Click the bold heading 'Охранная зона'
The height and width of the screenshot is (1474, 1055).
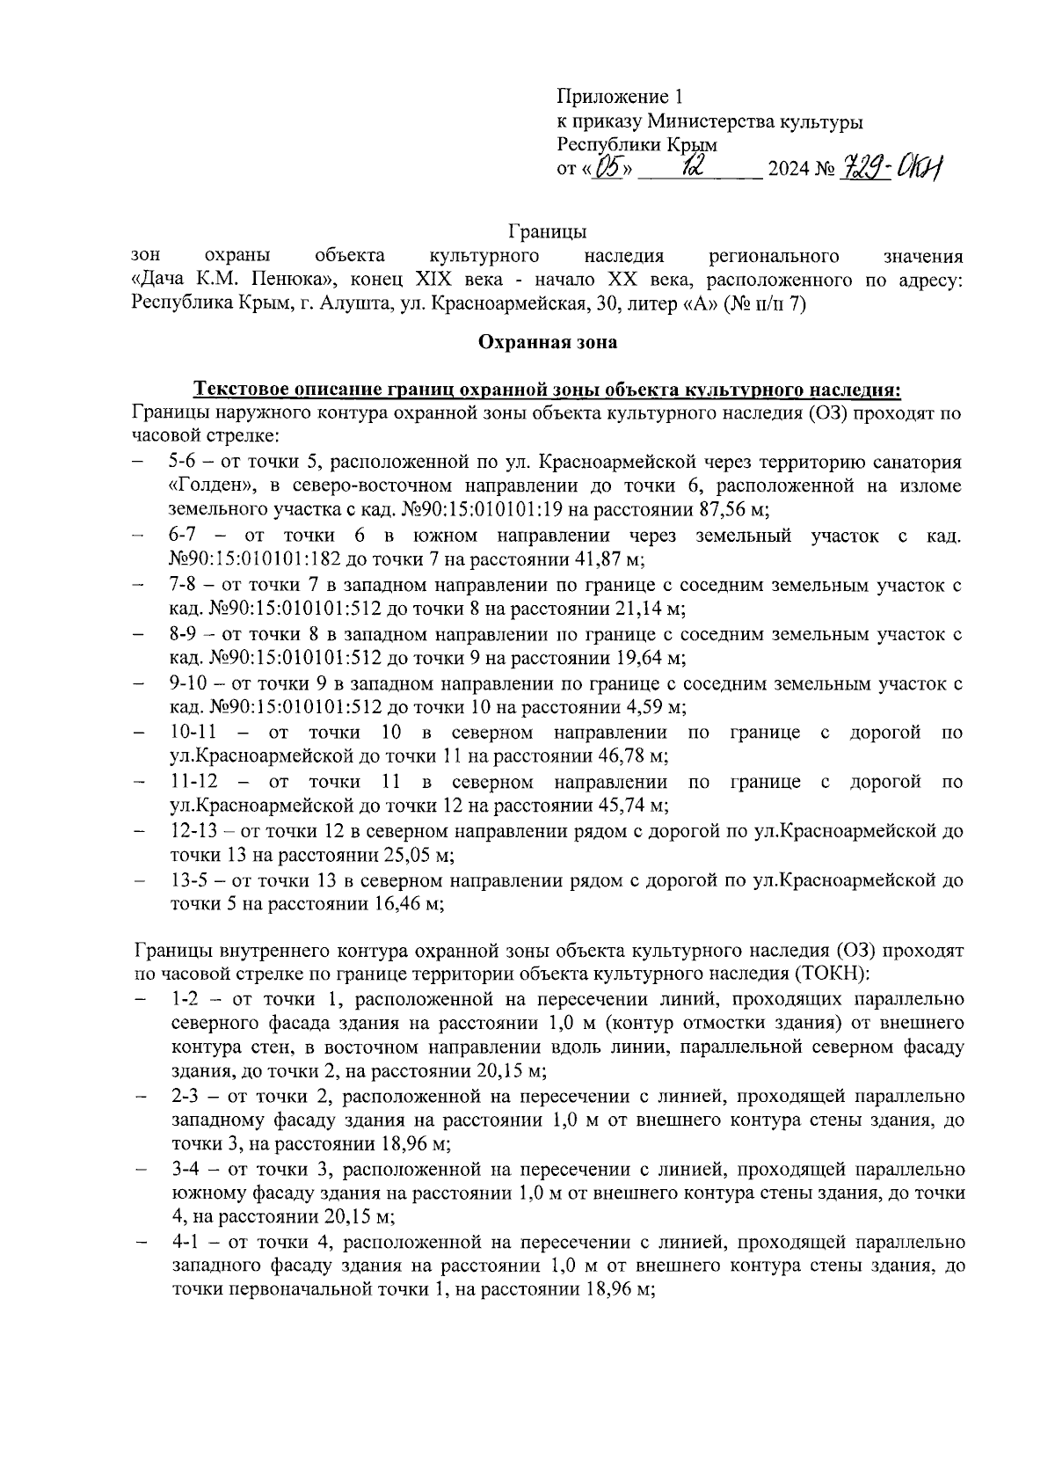(x=547, y=342)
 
